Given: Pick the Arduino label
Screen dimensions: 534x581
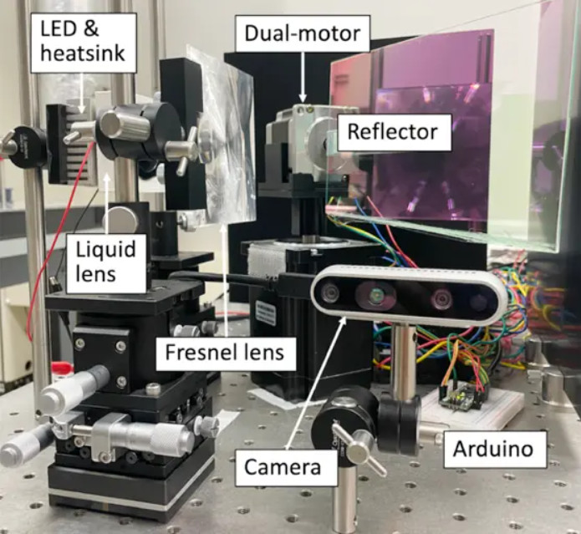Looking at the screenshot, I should pyautogui.click(x=492, y=449).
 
